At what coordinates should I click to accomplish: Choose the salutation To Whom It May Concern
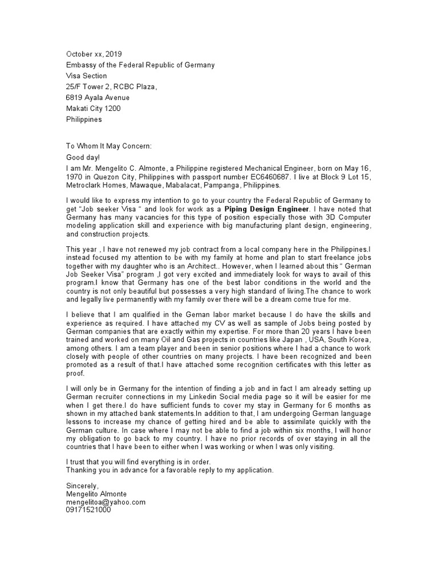109,146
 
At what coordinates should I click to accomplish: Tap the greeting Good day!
83,157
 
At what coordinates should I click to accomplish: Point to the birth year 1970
76,177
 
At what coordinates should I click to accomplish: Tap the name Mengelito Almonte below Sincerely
96,494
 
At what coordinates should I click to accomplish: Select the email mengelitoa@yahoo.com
106,502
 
